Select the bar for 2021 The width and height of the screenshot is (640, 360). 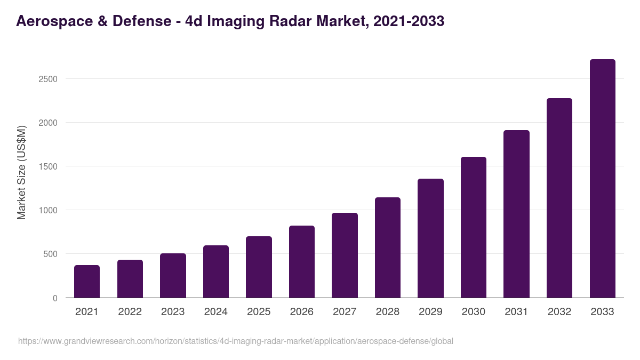point(87,282)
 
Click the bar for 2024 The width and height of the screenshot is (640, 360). point(216,271)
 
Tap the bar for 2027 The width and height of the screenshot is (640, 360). point(345,255)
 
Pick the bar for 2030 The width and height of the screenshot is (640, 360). point(474,227)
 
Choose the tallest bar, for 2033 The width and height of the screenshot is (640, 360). point(602,179)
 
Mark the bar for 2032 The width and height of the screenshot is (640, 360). point(559,198)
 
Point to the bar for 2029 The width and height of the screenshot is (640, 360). point(430,238)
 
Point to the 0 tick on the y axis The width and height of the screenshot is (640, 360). point(55,298)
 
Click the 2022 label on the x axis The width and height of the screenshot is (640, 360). point(130,312)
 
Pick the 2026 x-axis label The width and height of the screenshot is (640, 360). point(302,312)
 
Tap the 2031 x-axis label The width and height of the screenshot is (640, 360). point(516,312)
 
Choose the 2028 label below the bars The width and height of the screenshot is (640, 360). point(388,312)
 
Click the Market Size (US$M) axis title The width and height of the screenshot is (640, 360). point(21,172)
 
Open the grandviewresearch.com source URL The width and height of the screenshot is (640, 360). point(235,341)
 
